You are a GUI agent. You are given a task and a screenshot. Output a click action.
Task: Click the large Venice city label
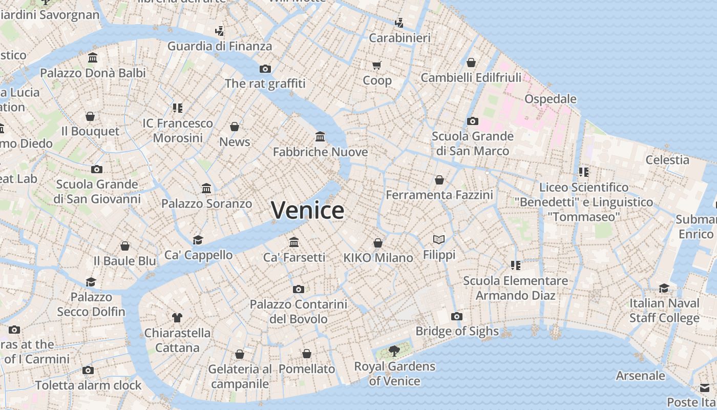point(307,210)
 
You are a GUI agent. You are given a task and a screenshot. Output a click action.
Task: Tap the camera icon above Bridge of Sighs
point(457,317)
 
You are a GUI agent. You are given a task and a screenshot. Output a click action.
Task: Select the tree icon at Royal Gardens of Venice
point(394,351)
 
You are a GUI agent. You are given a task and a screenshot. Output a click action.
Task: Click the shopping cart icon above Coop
point(377,65)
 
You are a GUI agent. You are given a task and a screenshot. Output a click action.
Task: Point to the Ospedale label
point(551,99)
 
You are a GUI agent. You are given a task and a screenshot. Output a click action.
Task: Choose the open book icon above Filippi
point(439,239)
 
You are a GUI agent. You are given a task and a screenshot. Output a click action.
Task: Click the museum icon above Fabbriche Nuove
point(320,137)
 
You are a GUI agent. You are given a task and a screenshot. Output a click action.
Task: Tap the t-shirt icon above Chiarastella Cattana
point(177,318)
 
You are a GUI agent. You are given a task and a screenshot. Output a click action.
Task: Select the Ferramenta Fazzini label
point(439,195)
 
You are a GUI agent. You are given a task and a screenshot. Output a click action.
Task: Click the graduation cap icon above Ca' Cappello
point(198,240)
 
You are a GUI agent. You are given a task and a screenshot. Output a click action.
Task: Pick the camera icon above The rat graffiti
point(265,69)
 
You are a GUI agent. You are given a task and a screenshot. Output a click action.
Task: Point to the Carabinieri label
point(399,38)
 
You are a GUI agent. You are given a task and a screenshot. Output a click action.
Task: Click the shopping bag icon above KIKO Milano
point(378,243)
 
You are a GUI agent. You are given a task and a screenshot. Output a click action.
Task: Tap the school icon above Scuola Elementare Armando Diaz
point(516,265)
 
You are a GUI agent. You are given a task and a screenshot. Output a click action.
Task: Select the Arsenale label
point(640,376)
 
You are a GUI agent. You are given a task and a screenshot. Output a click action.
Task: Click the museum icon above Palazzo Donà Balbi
point(93,58)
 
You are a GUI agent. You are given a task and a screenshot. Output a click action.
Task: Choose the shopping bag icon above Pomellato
point(306,354)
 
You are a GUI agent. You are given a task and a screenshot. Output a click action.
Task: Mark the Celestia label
point(667,160)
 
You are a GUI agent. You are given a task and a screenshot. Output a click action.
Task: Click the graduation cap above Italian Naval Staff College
point(664,288)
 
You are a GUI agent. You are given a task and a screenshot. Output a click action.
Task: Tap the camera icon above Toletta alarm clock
point(88,371)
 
